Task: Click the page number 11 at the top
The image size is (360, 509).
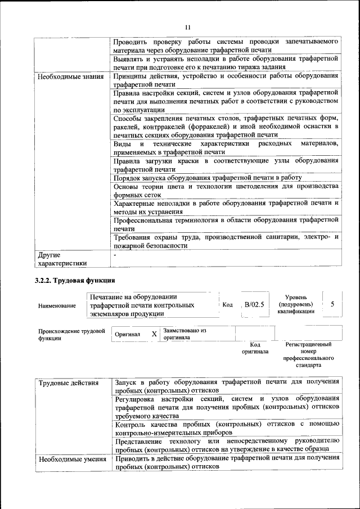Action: (188, 26)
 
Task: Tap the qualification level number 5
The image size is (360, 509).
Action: (332, 304)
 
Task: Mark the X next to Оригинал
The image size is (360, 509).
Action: (154, 334)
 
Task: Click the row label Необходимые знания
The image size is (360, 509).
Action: (71, 76)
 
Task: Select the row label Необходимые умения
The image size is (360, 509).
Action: (72, 459)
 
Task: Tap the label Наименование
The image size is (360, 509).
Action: (57, 305)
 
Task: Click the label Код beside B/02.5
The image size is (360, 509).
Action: (228, 305)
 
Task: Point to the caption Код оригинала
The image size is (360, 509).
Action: (255, 348)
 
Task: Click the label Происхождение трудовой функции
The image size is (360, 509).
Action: (71, 335)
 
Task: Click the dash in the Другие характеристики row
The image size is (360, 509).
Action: (115, 255)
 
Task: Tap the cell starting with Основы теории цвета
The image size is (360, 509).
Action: (226, 190)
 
